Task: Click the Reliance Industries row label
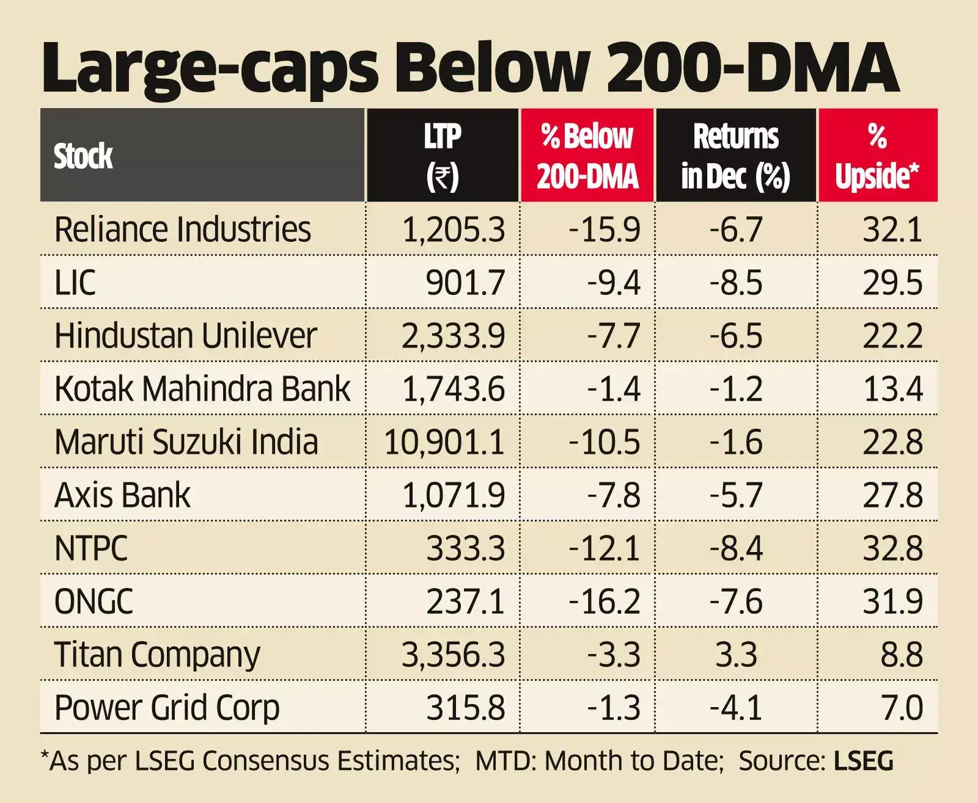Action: [x=182, y=230]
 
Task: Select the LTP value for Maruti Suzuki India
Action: [x=444, y=442]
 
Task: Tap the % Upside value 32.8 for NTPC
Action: [x=892, y=548]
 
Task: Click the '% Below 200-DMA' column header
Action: [x=587, y=156]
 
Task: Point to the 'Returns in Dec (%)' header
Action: [x=735, y=156]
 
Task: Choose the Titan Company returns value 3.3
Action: [x=736, y=655]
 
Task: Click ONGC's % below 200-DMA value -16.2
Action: [x=604, y=601]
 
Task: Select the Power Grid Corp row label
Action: [x=167, y=708]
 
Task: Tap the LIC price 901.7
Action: [x=465, y=283]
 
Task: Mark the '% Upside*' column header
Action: [x=877, y=156]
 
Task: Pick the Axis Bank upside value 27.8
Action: [x=892, y=495]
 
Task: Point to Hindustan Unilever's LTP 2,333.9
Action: [x=453, y=336]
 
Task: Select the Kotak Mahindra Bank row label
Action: [x=202, y=389]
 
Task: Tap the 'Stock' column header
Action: [x=83, y=156]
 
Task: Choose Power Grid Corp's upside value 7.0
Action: [x=902, y=708]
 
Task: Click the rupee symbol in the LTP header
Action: [x=442, y=178]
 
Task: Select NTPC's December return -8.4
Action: [x=736, y=548]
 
